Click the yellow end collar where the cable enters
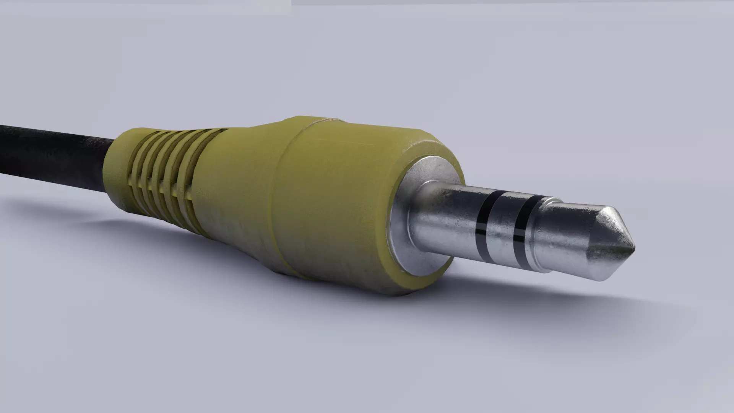pyautogui.click(x=115, y=168)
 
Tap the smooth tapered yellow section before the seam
pyautogui.click(x=237, y=184)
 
